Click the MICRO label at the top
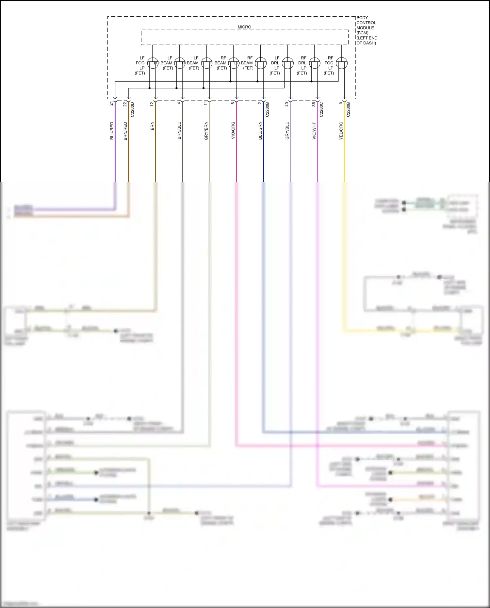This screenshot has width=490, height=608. pyautogui.click(x=244, y=27)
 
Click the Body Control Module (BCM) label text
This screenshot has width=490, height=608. pyautogui.click(x=366, y=30)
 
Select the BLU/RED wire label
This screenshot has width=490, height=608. pyautogui.click(x=112, y=131)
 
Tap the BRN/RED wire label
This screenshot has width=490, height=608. pyautogui.click(x=125, y=131)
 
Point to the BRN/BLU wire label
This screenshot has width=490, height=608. pyautogui.click(x=179, y=131)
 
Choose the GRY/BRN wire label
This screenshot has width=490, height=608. pyautogui.click(x=206, y=131)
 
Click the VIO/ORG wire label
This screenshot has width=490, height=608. pyautogui.click(x=233, y=131)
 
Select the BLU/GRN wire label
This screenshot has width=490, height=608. pyautogui.click(x=260, y=131)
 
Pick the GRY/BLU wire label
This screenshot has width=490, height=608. pyautogui.click(x=287, y=131)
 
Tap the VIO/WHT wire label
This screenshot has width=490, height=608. pyautogui.click(x=314, y=131)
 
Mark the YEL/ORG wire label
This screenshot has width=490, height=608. pyautogui.click(x=341, y=131)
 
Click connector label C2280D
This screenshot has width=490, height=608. pyautogui.click(x=132, y=109)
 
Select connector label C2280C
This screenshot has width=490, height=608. pyautogui.click(x=321, y=109)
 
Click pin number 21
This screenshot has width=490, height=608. pyautogui.click(x=111, y=103)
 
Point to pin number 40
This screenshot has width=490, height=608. pyautogui.click(x=287, y=104)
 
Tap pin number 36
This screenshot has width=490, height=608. pyautogui.click(x=314, y=104)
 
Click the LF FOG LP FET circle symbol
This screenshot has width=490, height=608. pyautogui.click(x=153, y=63)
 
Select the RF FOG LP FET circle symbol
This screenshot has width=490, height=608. pyautogui.click(x=342, y=63)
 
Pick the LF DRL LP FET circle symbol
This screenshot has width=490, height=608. pyautogui.click(x=288, y=63)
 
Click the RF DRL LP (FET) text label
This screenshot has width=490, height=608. pyautogui.click(x=302, y=65)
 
